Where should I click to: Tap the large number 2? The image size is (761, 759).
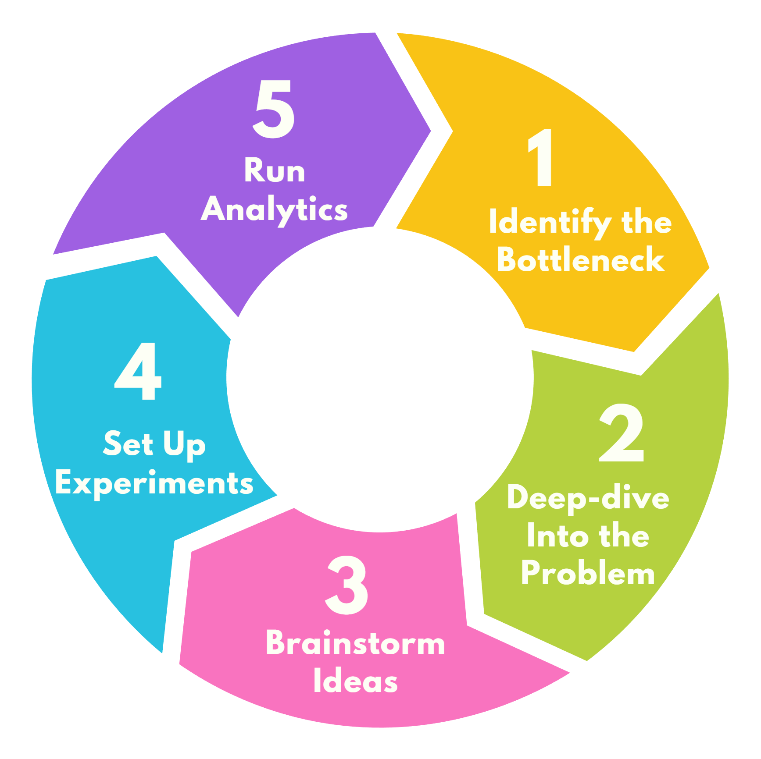point(622,433)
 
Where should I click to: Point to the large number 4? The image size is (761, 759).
point(138,372)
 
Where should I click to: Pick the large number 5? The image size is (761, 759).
point(274,109)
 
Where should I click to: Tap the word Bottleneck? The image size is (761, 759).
point(581,259)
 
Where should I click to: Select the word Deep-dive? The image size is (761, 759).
point(588,498)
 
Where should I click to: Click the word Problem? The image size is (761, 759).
point(588,573)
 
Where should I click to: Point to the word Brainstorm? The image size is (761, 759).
point(355,643)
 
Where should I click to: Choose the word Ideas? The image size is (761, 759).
point(355,681)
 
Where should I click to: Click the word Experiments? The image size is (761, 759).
point(154,484)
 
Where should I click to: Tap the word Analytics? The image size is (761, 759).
point(275,210)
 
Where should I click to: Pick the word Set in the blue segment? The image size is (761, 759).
point(128,443)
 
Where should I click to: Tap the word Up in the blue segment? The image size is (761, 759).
point(184,445)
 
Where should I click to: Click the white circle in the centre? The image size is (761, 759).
point(380,379)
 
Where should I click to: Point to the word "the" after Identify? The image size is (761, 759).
point(647,222)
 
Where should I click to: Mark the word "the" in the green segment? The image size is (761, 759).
point(624,536)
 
